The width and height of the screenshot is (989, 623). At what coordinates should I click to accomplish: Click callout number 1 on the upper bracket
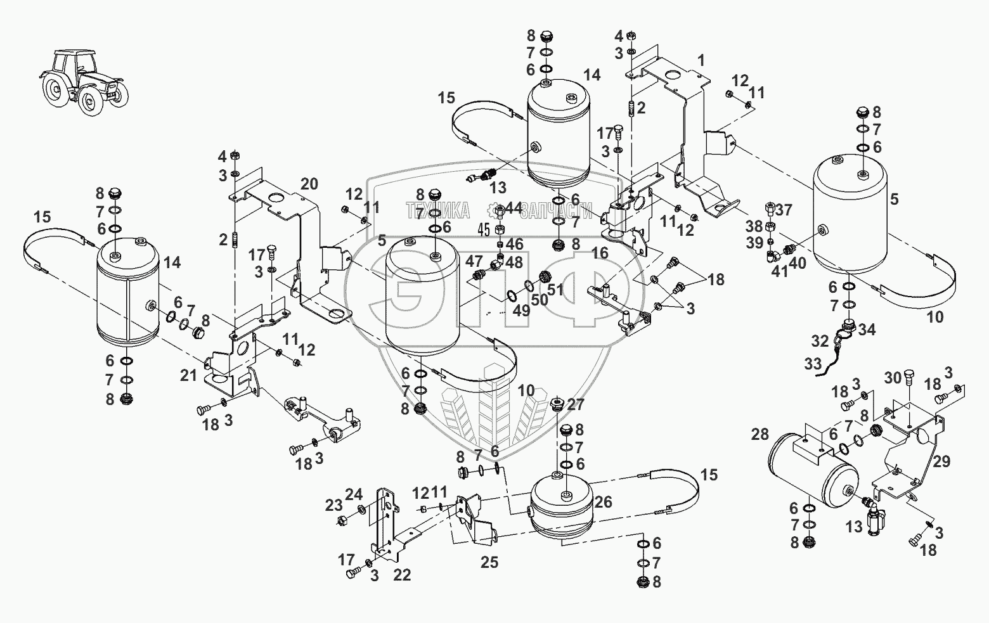pos(701,61)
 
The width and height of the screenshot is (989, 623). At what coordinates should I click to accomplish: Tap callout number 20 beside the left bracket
pos(309,184)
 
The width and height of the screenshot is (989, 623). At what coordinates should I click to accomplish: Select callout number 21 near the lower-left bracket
pos(188,376)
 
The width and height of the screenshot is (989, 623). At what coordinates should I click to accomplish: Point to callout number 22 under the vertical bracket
pos(402,575)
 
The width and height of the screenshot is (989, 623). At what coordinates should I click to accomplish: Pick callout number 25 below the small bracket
pos(489,562)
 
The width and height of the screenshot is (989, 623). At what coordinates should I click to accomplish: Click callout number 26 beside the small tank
pos(604,503)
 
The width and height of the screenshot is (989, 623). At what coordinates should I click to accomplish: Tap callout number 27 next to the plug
pos(576,404)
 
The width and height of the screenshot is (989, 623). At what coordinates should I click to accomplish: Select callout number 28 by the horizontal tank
pos(760,434)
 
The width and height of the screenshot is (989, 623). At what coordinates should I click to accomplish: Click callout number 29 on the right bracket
pos(941,461)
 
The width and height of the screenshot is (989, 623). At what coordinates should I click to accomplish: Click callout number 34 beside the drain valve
pos(867,330)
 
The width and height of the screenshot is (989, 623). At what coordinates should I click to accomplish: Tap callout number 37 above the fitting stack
pos(784,210)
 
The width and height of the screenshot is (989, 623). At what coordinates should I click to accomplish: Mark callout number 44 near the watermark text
pos(514,207)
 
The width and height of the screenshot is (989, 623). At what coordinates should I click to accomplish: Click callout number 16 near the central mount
pos(600,254)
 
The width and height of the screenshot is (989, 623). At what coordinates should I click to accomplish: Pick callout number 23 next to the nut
pos(334,505)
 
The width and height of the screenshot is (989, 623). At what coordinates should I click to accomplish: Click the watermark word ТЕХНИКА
pos(438,210)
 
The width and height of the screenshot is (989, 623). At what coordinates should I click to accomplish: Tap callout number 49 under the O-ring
pos(520,311)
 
